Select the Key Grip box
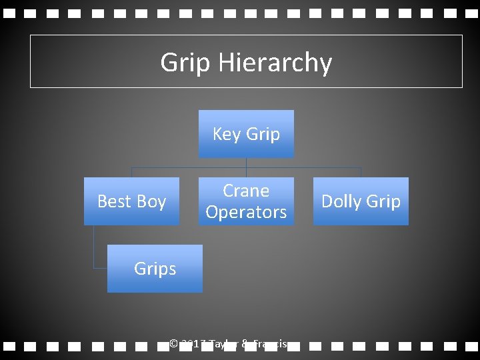[246, 134]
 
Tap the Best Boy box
[131, 201]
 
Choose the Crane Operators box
[246, 201]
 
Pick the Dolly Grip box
[361, 201]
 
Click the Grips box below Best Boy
[155, 269]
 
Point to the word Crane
[246, 191]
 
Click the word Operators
[246, 212]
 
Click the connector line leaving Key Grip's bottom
[246, 163]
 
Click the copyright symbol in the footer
[173, 344]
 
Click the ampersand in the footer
[245, 344]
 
